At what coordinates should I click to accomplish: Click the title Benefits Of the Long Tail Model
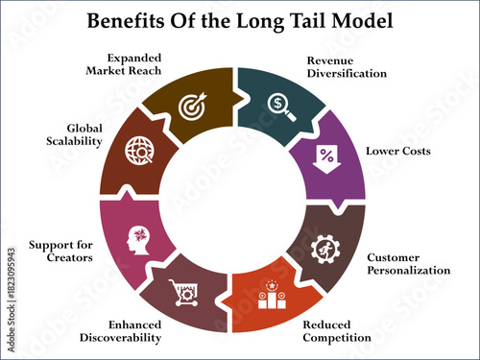[x=240, y=21]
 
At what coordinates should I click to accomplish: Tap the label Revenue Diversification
[x=332, y=66]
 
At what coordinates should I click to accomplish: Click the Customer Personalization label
[x=408, y=264]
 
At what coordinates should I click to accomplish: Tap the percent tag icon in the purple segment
[x=327, y=154]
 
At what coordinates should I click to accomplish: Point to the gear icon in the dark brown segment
[x=326, y=248]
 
